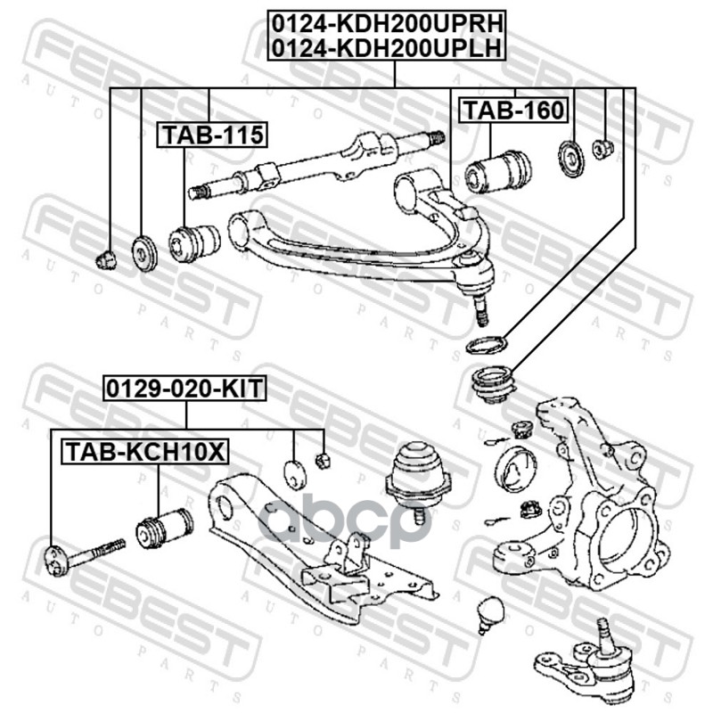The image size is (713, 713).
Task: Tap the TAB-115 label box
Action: (x=212, y=135)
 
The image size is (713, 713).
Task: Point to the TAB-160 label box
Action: (x=512, y=111)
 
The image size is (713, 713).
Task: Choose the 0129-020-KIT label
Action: (x=186, y=389)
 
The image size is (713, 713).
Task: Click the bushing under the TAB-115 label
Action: (x=193, y=243)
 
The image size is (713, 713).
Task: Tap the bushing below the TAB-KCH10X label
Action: (x=164, y=528)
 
